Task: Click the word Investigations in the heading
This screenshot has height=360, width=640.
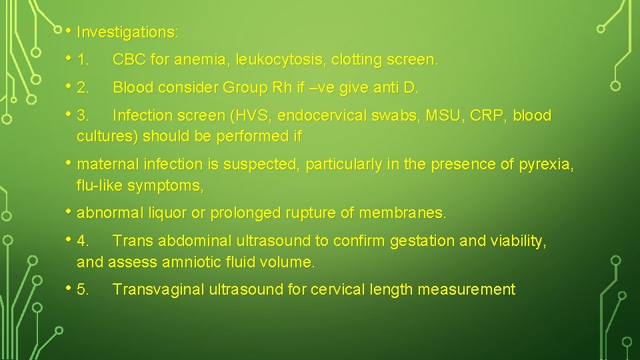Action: click(125, 32)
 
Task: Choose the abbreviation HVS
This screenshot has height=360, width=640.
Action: click(251, 115)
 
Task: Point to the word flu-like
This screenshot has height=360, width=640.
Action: click(103, 185)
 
